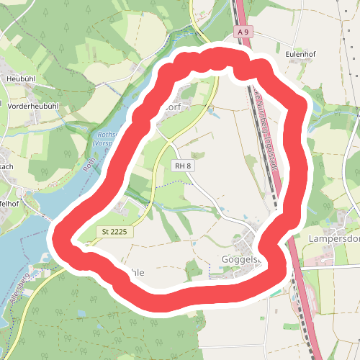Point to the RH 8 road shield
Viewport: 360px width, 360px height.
coord(182,166)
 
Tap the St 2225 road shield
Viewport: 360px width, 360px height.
coord(114,231)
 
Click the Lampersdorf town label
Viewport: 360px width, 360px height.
coord(333,239)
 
